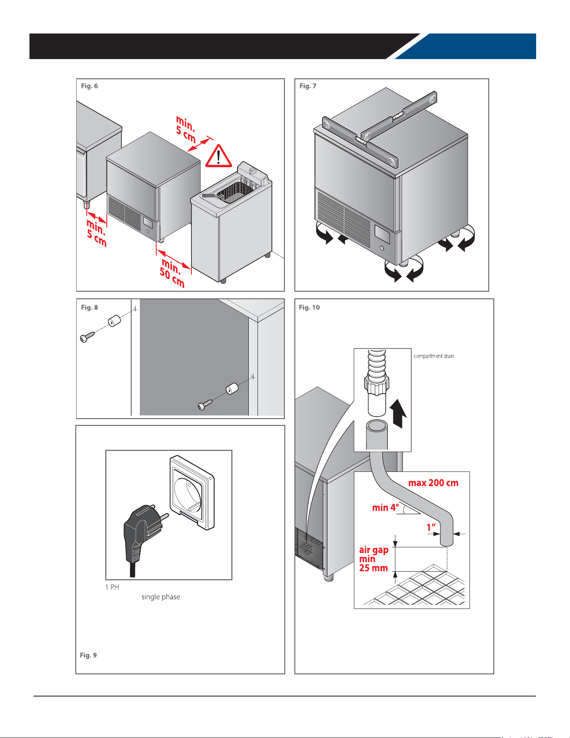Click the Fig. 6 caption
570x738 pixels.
click(89, 86)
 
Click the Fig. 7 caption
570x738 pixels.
click(308, 86)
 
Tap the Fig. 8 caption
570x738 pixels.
click(89, 307)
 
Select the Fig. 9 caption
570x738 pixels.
click(88, 655)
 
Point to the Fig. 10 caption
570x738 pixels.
click(309, 307)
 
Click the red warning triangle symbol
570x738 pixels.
click(218, 156)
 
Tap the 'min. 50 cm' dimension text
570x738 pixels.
click(172, 272)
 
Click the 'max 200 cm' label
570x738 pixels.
click(433, 483)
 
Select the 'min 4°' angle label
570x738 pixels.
click(385, 508)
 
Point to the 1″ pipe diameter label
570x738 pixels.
click(431, 527)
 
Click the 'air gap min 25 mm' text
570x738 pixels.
click(374, 559)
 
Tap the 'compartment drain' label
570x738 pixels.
click(434, 356)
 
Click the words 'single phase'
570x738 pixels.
click(161, 597)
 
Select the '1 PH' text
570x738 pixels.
click(112, 587)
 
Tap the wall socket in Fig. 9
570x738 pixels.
click(192, 492)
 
